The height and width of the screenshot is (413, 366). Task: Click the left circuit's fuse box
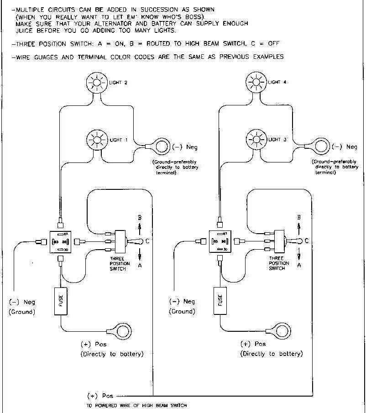click(61, 301)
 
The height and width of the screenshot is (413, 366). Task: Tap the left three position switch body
click(121, 241)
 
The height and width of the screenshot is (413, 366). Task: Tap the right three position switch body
click(280, 241)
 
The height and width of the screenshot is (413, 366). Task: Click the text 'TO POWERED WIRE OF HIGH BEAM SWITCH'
click(136, 405)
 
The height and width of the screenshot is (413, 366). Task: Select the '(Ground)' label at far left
click(22, 312)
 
